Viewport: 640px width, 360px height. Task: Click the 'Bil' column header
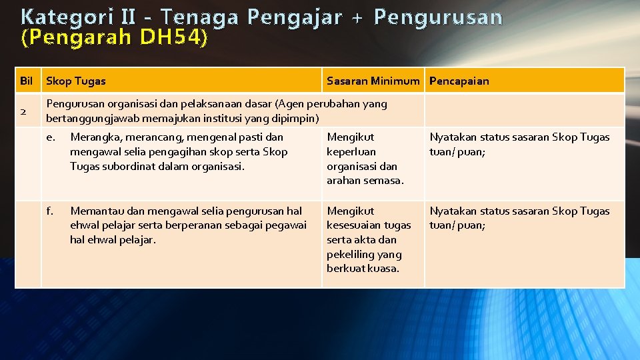click(x=27, y=81)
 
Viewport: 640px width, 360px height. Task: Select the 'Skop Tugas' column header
click(x=75, y=81)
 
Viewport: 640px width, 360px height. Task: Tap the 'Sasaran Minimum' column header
click(x=373, y=81)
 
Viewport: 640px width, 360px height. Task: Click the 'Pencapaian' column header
click(x=459, y=81)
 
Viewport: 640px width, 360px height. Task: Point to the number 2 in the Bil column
click(x=23, y=111)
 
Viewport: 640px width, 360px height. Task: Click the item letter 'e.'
click(x=50, y=137)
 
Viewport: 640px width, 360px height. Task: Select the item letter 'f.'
click(x=50, y=211)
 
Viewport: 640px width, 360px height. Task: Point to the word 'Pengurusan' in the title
click(x=437, y=17)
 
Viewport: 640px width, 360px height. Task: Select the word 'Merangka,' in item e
click(x=95, y=137)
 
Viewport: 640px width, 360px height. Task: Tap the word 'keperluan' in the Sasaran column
click(x=351, y=152)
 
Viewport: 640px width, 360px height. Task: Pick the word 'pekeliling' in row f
click(x=351, y=254)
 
